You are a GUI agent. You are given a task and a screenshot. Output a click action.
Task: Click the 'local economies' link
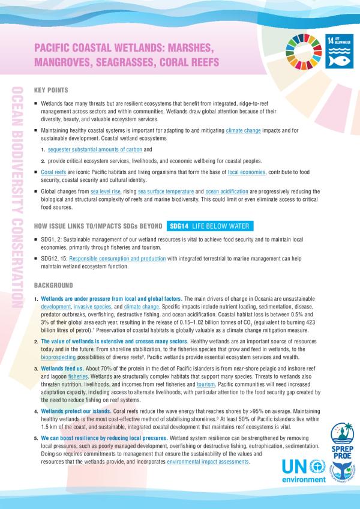[245, 172]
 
